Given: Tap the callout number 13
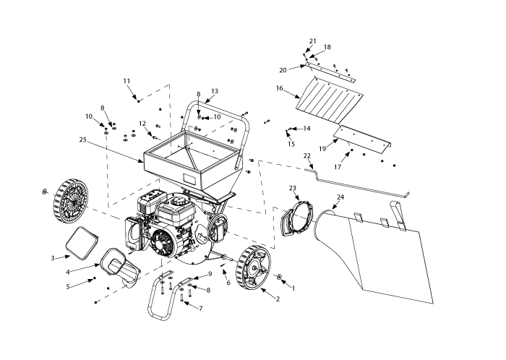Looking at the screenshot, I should coord(214,92).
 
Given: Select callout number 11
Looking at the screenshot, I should coord(126,80).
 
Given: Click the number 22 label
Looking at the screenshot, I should coord(307,156).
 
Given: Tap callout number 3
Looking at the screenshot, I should coord(53,257).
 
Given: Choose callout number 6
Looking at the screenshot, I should coord(228,283).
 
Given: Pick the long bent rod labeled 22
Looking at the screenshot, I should coord(361,183).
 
